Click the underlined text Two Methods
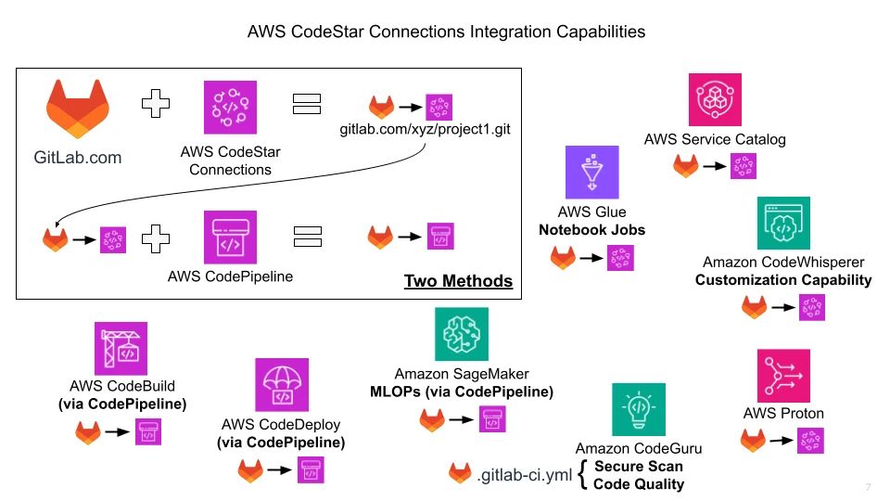[458, 280]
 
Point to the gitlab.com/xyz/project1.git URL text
[426, 131]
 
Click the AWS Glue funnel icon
[591, 173]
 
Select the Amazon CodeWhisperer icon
[783, 223]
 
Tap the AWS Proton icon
[783, 375]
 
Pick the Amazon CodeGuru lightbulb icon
[638, 410]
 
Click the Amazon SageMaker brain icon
[461, 334]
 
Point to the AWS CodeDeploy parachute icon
[282, 384]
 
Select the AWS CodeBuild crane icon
[121, 348]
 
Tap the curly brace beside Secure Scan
[581, 474]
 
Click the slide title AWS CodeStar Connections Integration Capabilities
[446, 32]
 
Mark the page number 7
[868, 488]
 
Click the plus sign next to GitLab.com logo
[156, 105]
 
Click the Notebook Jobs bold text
[591, 228]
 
